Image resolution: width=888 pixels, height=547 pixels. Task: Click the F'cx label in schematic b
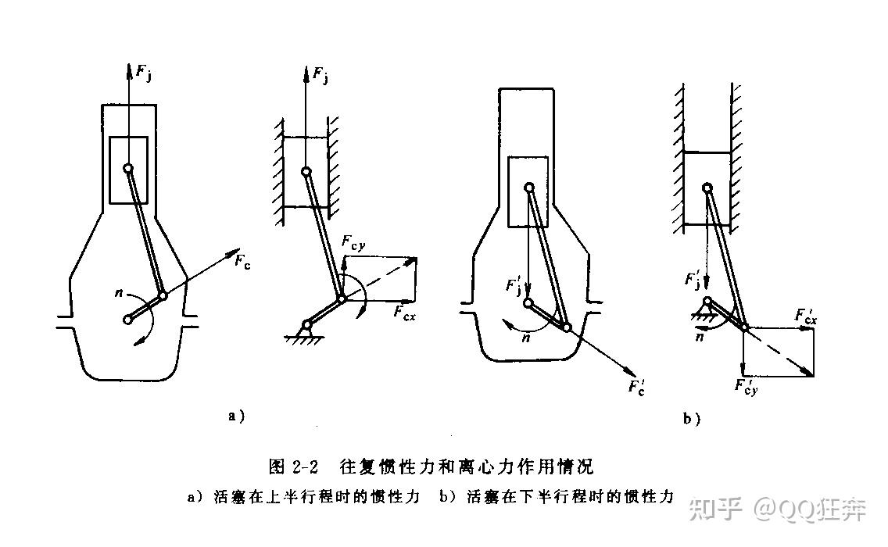(807, 316)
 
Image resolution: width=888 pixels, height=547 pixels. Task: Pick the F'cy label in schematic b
(747, 386)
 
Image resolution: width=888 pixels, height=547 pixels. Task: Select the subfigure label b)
(692, 420)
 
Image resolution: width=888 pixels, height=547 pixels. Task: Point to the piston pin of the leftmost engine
(127, 167)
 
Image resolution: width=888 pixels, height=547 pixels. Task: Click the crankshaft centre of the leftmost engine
(128, 319)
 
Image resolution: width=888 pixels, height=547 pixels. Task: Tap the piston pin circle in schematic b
(707, 187)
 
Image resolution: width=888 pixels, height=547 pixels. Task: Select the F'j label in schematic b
(693, 279)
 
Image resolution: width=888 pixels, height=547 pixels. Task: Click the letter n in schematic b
(700, 336)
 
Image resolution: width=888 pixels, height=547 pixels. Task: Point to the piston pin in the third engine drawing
(529, 187)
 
